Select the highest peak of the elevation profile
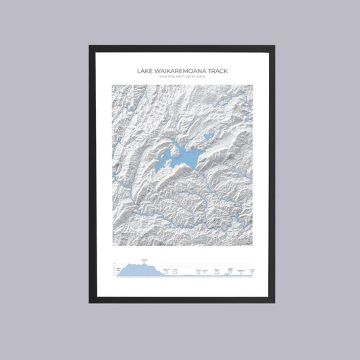pos(143,263)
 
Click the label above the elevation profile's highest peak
pos(143,259)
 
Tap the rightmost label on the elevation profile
pos(251,269)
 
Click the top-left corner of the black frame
pos(90,47)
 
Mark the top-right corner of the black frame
pos(274,47)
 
